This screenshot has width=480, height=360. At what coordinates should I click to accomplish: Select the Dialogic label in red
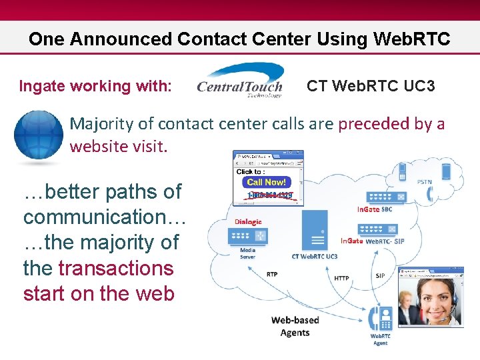click(248, 221)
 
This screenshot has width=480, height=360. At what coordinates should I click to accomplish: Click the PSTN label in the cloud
click(425, 181)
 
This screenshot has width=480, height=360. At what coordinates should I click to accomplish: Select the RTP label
click(272, 274)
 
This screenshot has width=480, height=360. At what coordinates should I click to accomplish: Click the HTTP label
click(341, 278)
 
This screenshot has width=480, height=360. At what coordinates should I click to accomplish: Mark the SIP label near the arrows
click(380, 274)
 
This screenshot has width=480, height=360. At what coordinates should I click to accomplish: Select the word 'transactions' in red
click(116, 268)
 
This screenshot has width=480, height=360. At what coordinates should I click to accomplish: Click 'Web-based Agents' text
click(295, 327)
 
